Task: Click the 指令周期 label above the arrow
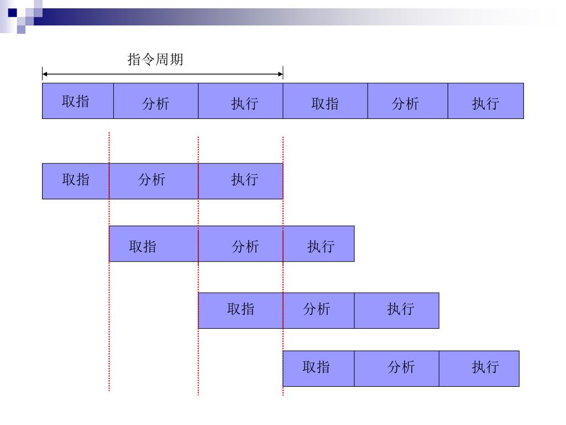click(x=155, y=59)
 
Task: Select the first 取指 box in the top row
click(x=78, y=101)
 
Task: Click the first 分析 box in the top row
click(x=156, y=101)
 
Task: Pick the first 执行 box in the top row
click(x=240, y=101)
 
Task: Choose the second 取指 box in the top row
click(x=325, y=101)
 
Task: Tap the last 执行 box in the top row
click(x=485, y=101)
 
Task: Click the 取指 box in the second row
click(x=76, y=181)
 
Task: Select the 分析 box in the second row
click(x=154, y=181)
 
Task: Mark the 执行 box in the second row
click(x=240, y=181)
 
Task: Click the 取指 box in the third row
click(x=154, y=243)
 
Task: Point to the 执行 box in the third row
click(x=319, y=243)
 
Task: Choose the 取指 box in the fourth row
click(x=240, y=310)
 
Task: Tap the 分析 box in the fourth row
click(x=318, y=310)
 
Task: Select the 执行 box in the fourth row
click(x=396, y=310)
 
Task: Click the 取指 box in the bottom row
click(x=318, y=369)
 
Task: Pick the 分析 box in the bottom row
click(x=396, y=369)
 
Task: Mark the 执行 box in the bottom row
click(x=479, y=369)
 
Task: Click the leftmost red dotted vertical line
click(x=109, y=332)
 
